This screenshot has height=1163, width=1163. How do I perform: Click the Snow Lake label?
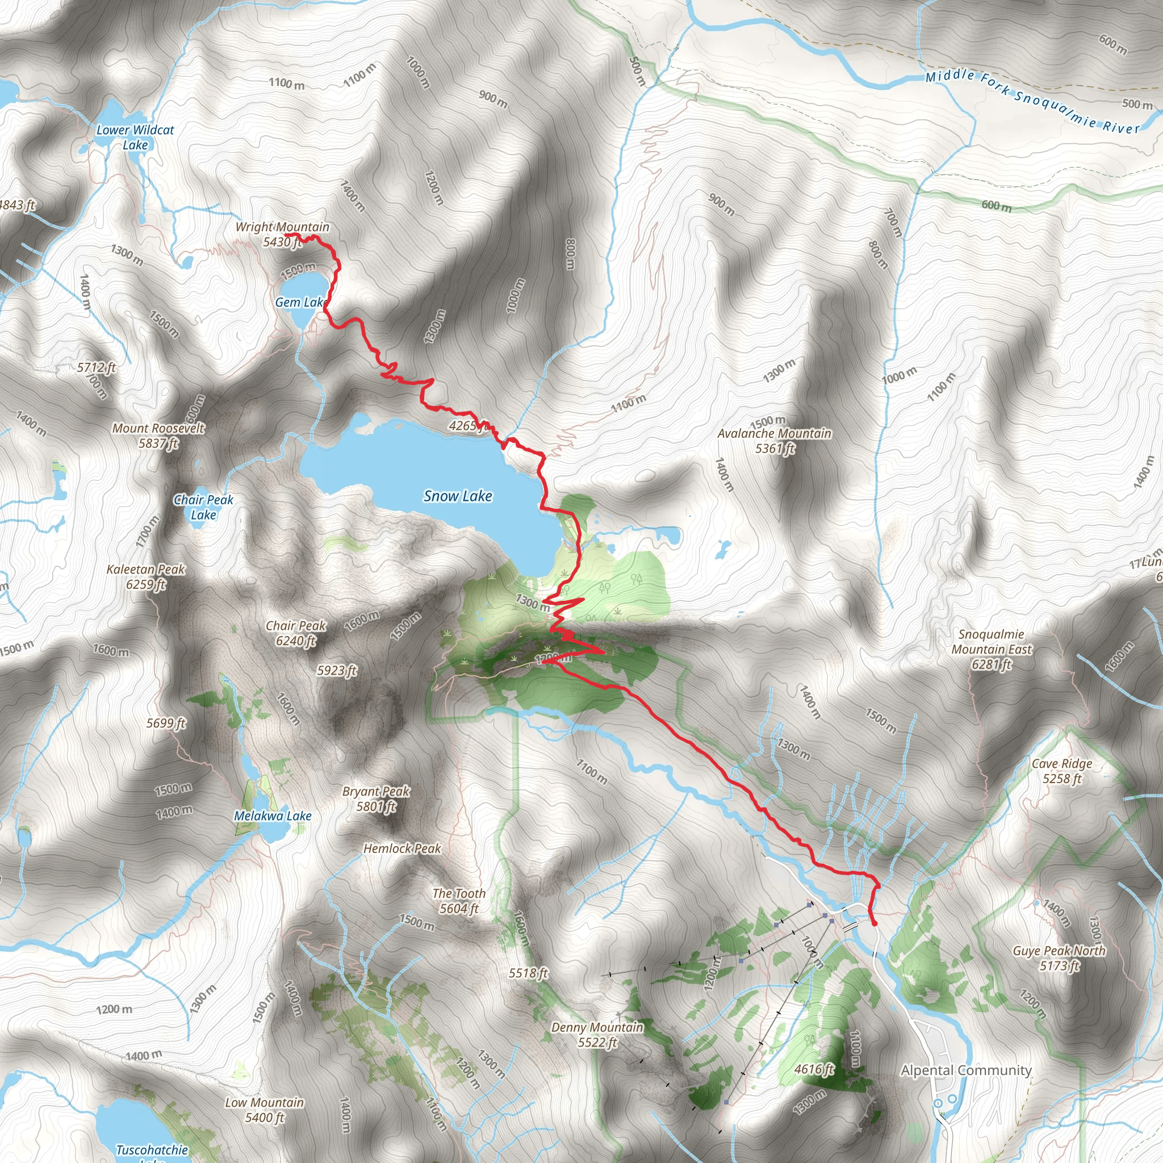click(x=458, y=496)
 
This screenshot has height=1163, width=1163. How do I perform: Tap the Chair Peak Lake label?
click(x=203, y=507)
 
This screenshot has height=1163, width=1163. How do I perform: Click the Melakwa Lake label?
click(x=273, y=816)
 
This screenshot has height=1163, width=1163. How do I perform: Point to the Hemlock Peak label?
click(x=402, y=849)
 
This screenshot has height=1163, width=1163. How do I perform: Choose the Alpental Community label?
click(x=966, y=1070)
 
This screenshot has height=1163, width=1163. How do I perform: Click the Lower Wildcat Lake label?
click(x=136, y=137)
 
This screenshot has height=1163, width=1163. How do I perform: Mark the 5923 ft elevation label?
click(x=337, y=671)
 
